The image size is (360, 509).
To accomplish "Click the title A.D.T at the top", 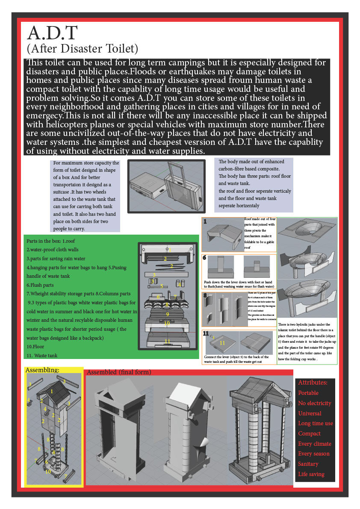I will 52,33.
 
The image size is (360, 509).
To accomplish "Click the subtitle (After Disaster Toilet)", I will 82,48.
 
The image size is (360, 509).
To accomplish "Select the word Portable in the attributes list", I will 308,393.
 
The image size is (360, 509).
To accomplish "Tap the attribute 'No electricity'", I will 315,403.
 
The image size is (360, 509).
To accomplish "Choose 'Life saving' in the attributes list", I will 311,474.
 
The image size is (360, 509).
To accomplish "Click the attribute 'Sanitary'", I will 308,464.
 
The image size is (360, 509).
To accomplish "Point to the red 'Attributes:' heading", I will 313,382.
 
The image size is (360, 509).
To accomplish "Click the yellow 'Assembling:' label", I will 42,370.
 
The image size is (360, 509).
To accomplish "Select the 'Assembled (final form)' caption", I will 118,372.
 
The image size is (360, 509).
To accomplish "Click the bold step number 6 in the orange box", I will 205,258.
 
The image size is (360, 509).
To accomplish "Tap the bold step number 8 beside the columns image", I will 205,295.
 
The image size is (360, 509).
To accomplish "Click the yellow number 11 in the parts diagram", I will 167,341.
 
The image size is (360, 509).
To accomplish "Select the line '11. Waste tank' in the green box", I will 42,355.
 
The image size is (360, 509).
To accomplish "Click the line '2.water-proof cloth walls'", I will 53,250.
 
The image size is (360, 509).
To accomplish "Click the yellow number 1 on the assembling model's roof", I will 52,391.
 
